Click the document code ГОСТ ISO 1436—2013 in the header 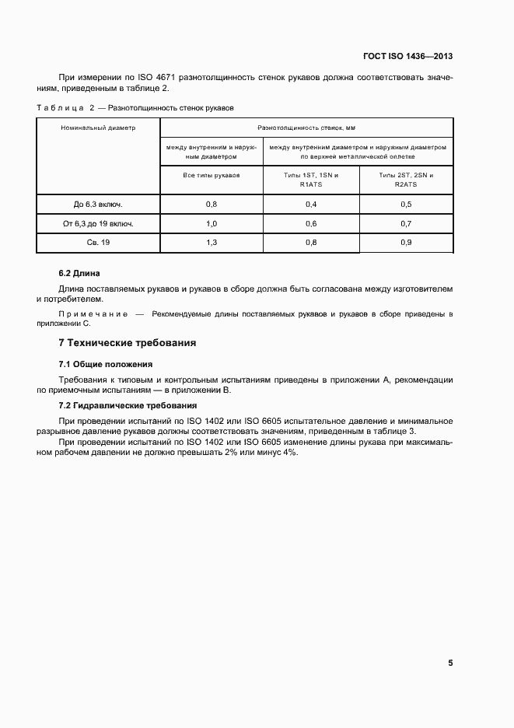(407, 57)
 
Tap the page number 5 (450, 663)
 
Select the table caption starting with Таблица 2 (135, 107)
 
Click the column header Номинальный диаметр (98, 128)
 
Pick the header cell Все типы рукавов (212, 176)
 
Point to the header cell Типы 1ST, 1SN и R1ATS (311, 180)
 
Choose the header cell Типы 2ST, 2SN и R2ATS (405, 180)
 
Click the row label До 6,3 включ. (98, 205)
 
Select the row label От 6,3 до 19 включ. (98, 224)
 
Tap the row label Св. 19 (98, 243)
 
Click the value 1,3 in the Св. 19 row (212, 243)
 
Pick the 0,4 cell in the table (311, 205)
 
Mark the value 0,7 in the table (405, 224)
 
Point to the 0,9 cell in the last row (405, 243)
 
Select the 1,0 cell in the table (212, 224)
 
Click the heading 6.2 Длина (80, 274)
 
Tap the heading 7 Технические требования (128, 343)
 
